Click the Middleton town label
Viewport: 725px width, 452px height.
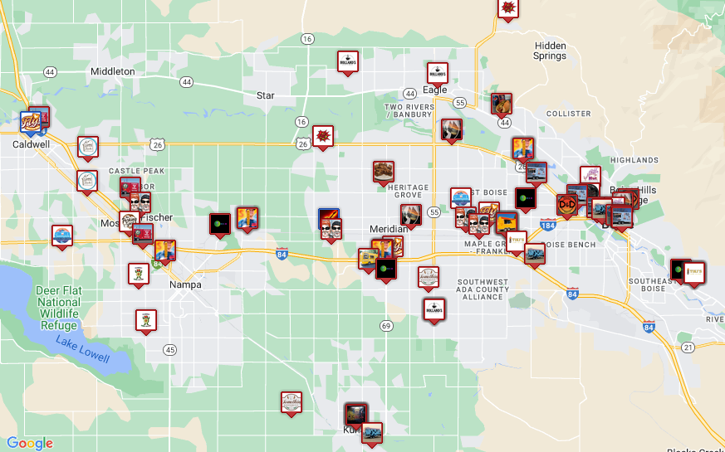click(112, 71)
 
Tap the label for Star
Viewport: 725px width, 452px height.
click(265, 95)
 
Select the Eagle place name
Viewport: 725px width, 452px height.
click(434, 90)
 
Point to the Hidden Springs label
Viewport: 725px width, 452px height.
click(551, 51)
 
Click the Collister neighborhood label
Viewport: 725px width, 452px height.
click(569, 114)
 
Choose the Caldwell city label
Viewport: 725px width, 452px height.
click(31, 143)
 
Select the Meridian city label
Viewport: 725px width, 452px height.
click(388, 229)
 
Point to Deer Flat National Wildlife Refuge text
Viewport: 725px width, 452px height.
click(58, 303)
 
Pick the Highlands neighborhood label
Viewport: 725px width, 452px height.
click(634, 160)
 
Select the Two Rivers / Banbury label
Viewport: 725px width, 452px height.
click(409, 110)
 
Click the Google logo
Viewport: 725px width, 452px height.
click(30, 443)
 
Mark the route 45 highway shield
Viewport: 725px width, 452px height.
click(169, 349)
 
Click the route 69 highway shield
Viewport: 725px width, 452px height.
click(386, 325)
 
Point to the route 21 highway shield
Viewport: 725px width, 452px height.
click(687, 347)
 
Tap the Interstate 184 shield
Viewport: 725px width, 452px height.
click(546, 225)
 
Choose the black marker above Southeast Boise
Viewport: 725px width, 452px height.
click(680, 270)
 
